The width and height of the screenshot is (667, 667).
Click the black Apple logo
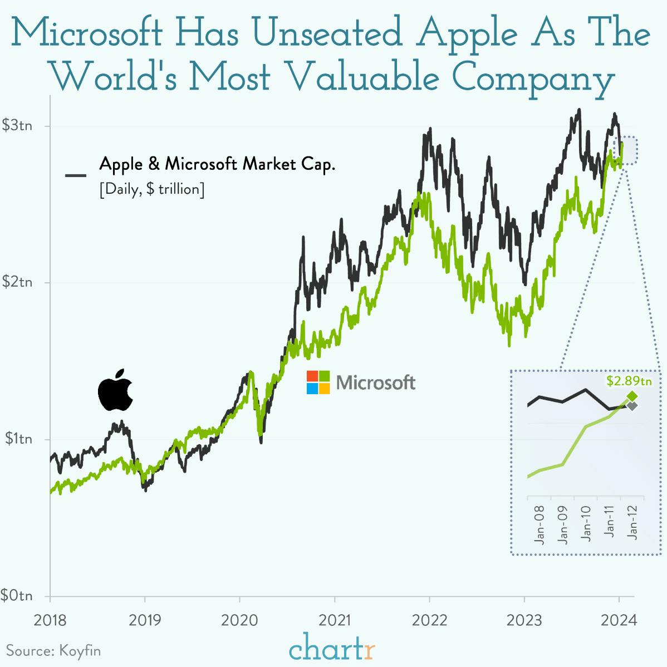pyautogui.click(x=115, y=390)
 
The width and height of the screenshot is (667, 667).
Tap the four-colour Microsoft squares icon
pyautogui.click(x=318, y=382)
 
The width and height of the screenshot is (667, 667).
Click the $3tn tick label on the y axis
pyautogui.click(x=17, y=125)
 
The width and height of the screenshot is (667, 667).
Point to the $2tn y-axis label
pyautogui.click(x=17, y=282)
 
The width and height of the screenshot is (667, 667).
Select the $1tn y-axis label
pyautogui.click(x=17, y=439)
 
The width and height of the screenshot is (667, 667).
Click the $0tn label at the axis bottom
pyautogui.click(x=17, y=595)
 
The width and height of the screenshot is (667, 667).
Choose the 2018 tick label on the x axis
pyautogui.click(x=50, y=620)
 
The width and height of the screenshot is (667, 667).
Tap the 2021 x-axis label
pyautogui.click(x=335, y=620)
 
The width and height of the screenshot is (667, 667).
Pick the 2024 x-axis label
pyautogui.click(x=619, y=620)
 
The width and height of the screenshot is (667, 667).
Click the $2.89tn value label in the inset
pyautogui.click(x=629, y=381)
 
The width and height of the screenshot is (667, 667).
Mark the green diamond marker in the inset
pyautogui.click(x=632, y=396)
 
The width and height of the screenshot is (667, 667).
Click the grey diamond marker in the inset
pyautogui.click(x=632, y=406)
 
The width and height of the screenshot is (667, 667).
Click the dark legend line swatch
pyautogui.click(x=76, y=175)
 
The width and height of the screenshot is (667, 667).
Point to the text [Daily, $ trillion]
pyautogui.click(x=152, y=189)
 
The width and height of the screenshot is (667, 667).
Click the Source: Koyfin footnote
pyautogui.click(x=53, y=650)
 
